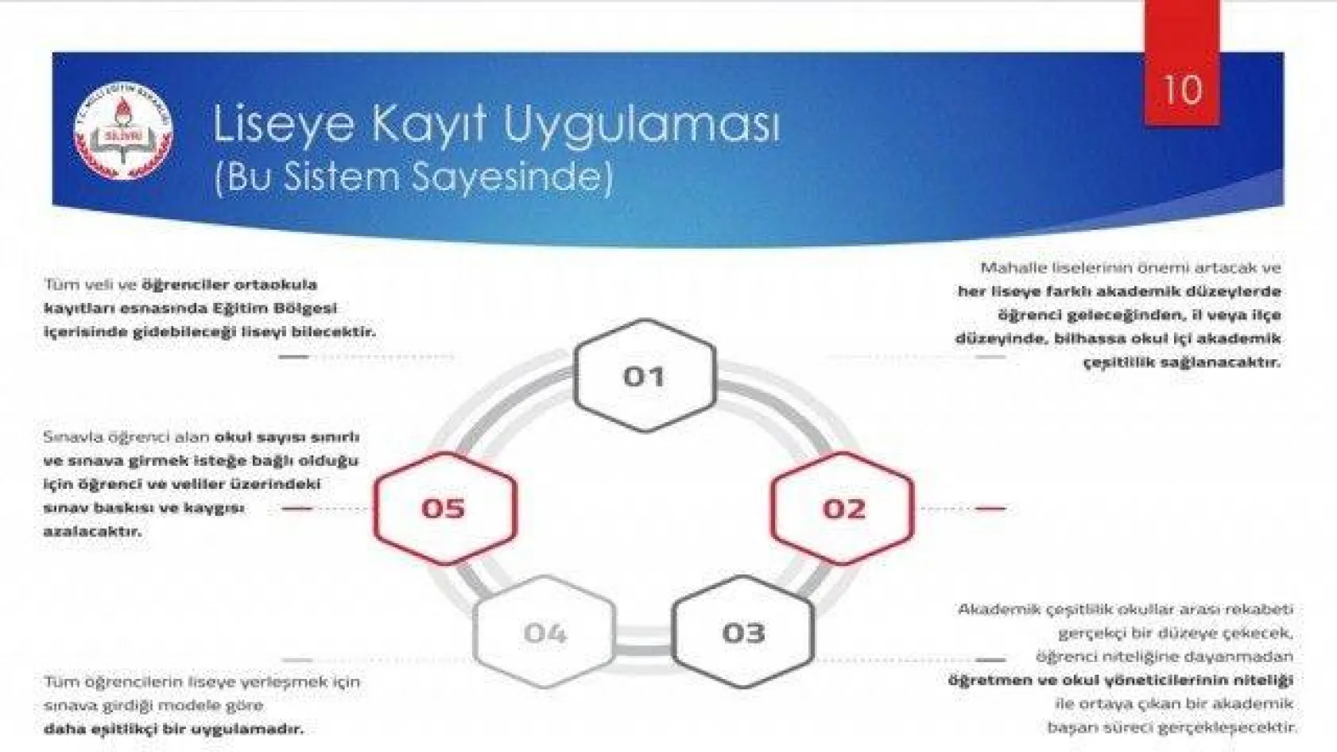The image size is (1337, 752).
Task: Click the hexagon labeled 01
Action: pyautogui.click(x=644, y=376)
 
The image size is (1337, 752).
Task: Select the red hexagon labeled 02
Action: pyautogui.click(x=843, y=508)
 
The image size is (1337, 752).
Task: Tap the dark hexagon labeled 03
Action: pyautogui.click(x=743, y=633)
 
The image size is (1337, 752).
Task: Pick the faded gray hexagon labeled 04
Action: pyautogui.click(x=544, y=633)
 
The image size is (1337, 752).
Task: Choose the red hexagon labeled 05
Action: pyautogui.click(x=444, y=508)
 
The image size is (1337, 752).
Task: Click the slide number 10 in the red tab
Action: pyautogui.click(x=1181, y=89)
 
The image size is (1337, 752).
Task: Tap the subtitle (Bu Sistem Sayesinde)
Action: pyautogui.click(x=413, y=176)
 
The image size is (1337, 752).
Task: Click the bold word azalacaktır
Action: pyautogui.click(x=92, y=531)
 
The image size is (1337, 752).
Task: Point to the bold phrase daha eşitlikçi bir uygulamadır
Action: pyautogui.click(x=173, y=728)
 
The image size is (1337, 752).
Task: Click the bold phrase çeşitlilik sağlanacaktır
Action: pyautogui.click(x=1181, y=362)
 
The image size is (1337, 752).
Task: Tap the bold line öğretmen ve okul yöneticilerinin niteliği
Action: pyautogui.click(x=1120, y=680)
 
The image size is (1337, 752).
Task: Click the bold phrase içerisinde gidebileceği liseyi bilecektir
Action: pyautogui.click(x=209, y=331)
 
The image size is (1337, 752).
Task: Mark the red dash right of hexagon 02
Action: pyautogui.click(x=990, y=508)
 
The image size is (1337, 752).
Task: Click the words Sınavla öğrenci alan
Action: pyautogui.click(x=126, y=437)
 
